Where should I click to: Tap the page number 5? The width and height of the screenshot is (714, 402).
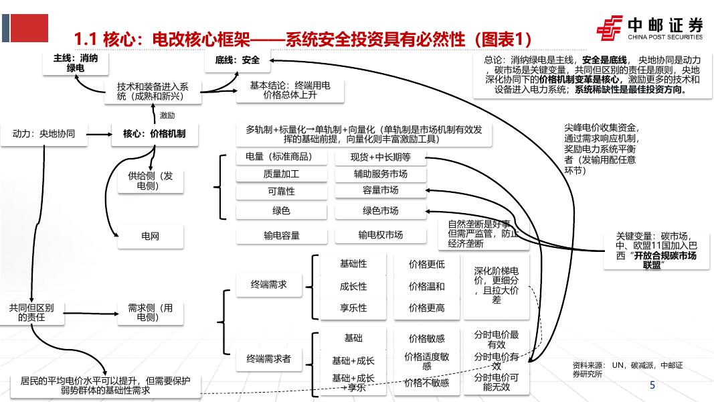point(652,385)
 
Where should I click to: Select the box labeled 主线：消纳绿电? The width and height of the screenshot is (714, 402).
point(75,63)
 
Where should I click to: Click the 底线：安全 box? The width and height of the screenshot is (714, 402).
point(237,60)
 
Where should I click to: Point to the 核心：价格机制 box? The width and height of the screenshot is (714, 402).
point(154,134)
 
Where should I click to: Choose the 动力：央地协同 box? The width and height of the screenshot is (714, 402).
point(43,134)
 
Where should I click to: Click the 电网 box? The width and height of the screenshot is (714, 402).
point(150,236)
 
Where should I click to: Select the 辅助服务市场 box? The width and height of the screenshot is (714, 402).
point(380,174)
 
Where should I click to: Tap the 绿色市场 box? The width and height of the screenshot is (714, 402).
point(380,210)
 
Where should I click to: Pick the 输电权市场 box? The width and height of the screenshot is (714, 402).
point(380,234)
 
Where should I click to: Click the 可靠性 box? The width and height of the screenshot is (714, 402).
point(281,192)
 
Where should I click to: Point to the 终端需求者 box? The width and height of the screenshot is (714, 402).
point(269,359)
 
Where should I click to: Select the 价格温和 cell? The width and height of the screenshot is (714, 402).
point(426,286)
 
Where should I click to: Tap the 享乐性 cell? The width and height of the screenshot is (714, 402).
point(353,308)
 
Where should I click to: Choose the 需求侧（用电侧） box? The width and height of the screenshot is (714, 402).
point(150,312)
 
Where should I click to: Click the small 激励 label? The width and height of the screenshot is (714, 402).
point(167,115)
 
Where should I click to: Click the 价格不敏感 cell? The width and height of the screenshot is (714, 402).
point(426,383)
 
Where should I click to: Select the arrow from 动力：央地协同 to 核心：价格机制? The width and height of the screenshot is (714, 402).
point(98,135)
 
